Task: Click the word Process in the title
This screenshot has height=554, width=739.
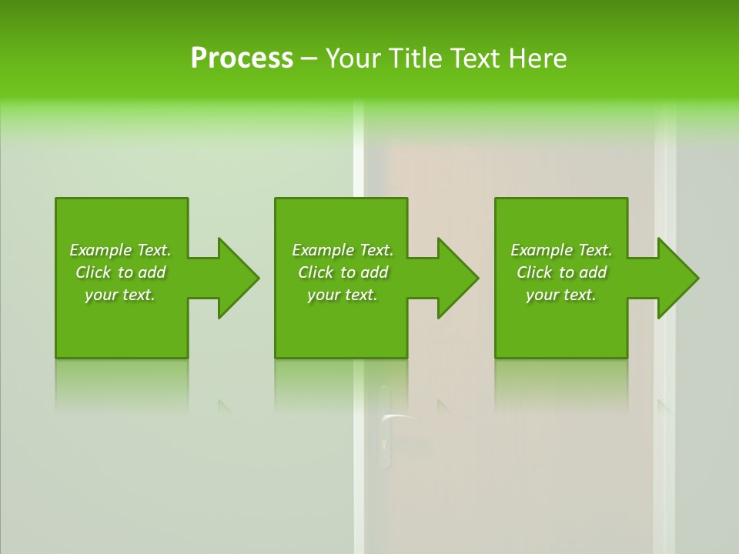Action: pos(242,58)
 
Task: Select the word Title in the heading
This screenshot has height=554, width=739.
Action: pos(420,58)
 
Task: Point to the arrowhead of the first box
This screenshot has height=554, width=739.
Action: pos(239,278)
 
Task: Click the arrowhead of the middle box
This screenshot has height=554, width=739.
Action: pos(458,278)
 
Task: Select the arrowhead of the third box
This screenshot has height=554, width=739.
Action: pos(678,278)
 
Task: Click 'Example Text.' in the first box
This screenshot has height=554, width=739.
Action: pos(120,250)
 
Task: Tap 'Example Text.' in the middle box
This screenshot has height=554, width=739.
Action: pos(343,250)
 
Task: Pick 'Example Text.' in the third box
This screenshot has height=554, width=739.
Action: pos(561,250)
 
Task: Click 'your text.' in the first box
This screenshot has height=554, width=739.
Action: pos(120,295)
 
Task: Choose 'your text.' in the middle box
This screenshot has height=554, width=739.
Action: pos(343,295)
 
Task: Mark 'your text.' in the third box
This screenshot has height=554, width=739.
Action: pos(561,295)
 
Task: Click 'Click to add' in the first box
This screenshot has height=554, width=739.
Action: pos(120,272)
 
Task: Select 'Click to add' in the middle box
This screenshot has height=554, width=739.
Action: pos(343,272)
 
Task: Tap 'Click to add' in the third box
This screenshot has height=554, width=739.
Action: pos(561,272)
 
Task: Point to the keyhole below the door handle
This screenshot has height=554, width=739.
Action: pos(383,444)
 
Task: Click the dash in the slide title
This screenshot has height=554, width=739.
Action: pos(309,59)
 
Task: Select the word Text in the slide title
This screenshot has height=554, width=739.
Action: pos(477,58)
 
